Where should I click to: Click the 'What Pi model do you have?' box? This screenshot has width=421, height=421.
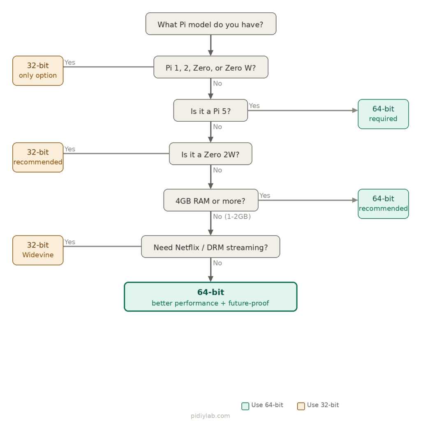click(210, 24)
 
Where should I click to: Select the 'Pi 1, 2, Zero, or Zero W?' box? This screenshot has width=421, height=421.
click(210, 67)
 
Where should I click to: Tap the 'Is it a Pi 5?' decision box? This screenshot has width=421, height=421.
click(210, 111)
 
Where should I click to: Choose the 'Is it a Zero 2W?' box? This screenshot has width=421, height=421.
click(210, 154)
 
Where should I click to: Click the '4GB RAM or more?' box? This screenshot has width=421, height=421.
click(210, 201)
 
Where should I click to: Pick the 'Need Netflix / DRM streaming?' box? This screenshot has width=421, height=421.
click(210, 247)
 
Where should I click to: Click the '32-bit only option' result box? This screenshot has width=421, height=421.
click(38, 71)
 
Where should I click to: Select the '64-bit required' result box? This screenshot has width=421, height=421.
click(383, 114)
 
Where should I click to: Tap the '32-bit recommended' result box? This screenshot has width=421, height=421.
click(38, 157)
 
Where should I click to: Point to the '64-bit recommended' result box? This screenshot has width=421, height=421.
click(383, 204)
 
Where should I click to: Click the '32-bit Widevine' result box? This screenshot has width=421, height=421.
click(38, 250)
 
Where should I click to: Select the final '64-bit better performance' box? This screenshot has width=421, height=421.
click(210, 297)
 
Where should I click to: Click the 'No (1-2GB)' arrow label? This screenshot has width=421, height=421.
click(231, 216)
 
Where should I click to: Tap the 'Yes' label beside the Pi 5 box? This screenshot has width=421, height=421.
click(254, 106)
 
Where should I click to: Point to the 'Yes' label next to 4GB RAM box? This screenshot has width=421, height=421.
click(265, 195)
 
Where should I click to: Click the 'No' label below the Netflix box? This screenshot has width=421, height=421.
click(217, 263)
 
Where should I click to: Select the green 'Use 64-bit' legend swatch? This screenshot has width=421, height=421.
click(245, 406)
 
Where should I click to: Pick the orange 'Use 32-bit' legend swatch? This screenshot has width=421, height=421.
click(301, 406)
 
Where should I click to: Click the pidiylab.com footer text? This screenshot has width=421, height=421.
click(210, 416)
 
